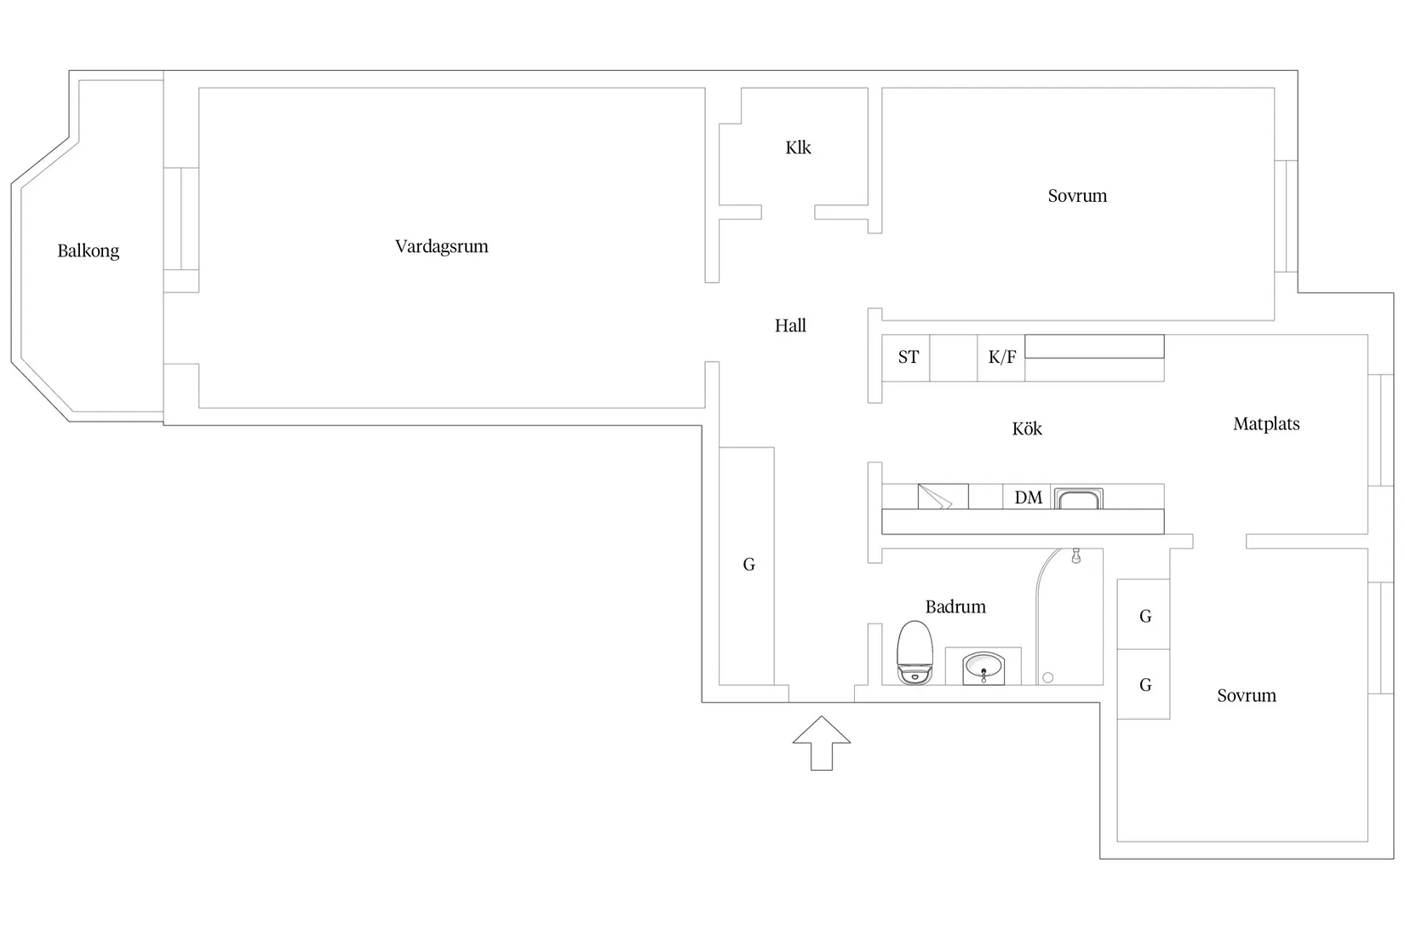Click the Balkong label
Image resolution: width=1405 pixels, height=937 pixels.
[88, 251]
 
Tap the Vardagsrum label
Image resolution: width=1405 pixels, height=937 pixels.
[441, 247]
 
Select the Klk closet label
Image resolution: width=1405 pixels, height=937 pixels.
[798, 148]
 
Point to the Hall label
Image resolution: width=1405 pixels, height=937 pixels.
[790, 325]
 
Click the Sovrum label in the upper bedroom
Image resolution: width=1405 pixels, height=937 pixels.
[1077, 196]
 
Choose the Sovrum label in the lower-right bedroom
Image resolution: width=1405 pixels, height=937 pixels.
[1246, 696]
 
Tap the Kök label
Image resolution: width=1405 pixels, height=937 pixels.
[1027, 429]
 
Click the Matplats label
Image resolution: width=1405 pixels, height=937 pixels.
[1266, 424]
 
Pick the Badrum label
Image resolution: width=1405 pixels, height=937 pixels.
[955, 607]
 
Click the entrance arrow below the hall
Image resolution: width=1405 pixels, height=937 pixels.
[822, 743]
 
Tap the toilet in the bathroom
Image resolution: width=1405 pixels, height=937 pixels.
[915, 653]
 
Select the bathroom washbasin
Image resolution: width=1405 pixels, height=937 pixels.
[984, 667]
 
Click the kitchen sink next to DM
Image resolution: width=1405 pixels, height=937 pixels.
[1078, 498]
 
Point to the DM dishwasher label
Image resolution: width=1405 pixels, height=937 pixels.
[1029, 498]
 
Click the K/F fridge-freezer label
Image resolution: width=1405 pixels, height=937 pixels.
[1001, 358]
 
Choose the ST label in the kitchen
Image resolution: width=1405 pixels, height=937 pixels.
[908, 358]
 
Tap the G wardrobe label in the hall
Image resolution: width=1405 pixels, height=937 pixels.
[748, 565]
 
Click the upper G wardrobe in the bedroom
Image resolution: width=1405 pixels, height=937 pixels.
[1144, 617]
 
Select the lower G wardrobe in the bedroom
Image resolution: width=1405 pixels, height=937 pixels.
[1144, 685]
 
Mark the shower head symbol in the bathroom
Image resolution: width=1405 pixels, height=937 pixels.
[1076, 556]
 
